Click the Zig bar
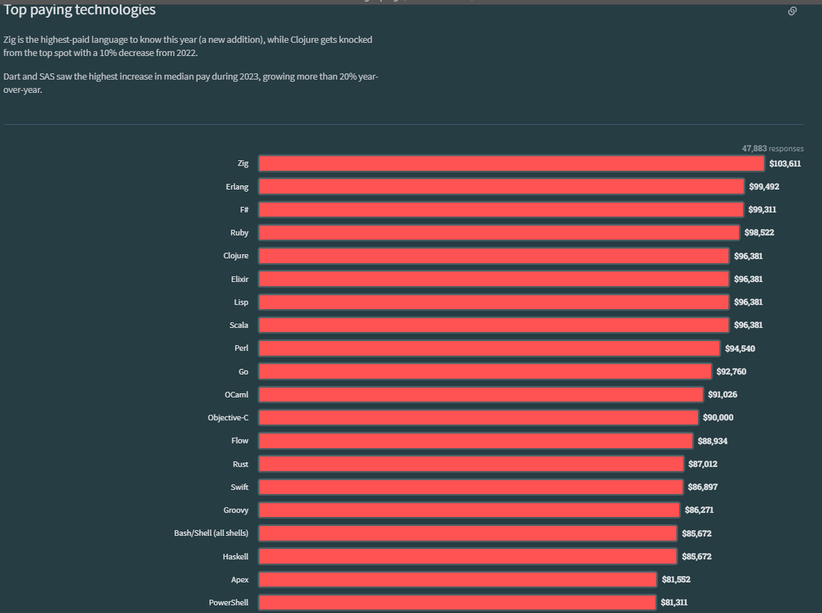(511, 163)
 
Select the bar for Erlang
(501, 187)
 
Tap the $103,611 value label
(784, 163)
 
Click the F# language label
(243, 209)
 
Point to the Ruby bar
(499, 233)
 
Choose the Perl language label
(242, 348)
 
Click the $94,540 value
(740, 348)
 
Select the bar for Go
(485, 372)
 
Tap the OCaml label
(236, 395)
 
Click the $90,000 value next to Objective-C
(718, 418)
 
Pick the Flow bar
(475, 441)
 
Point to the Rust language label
(240, 464)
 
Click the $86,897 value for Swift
(703, 487)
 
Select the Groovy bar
(468, 510)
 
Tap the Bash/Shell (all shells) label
(211, 533)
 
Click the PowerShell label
(228, 602)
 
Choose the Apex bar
(457, 580)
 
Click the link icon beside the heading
(793, 11)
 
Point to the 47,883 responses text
(772, 149)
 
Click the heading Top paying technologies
(80, 10)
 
